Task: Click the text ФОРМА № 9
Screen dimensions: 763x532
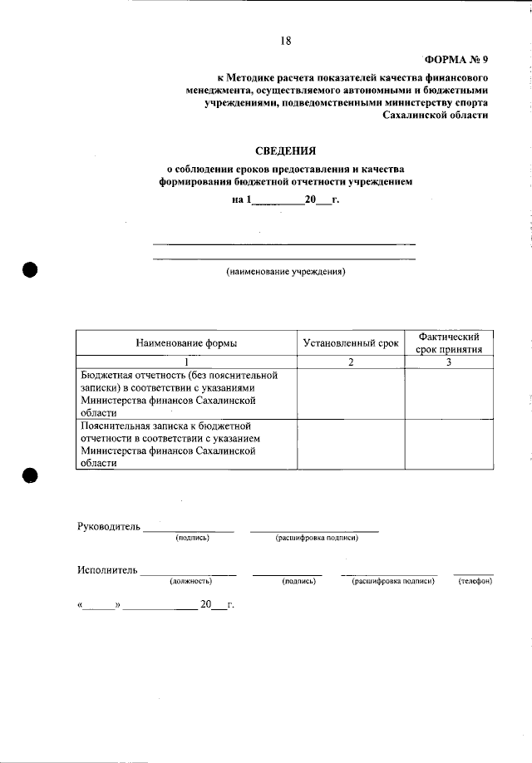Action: [x=456, y=59]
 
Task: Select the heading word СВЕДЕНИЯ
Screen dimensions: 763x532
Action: [x=285, y=150]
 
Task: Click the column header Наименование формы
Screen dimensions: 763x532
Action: [x=186, y=342]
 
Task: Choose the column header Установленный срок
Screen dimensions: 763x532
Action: [x=350, y=342]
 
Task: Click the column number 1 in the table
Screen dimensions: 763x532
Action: [x=186, y=362]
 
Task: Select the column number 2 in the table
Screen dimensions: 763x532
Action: [x=350, y=362]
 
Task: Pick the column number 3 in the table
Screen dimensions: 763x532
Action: [x=449, y=362]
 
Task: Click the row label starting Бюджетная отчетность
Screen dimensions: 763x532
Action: [x=178, y=393]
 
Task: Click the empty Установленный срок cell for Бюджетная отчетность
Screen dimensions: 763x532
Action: [x=350, y=393]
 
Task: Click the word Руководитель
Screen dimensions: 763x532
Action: [x=109, y=527]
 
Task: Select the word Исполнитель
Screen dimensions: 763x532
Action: [x=106, y=570]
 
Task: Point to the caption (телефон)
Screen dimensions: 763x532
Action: [x=475, y=581]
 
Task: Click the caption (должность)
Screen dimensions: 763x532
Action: [x=190, y=581]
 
